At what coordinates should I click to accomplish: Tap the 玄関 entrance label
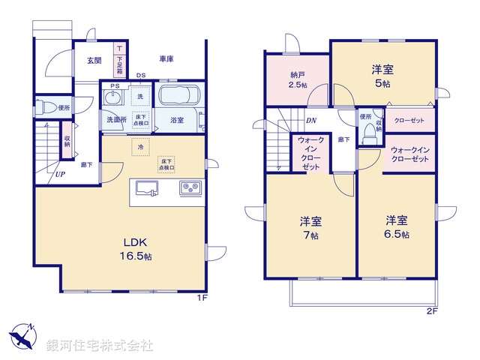coord(94,61)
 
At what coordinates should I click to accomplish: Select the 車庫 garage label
coord(166,59)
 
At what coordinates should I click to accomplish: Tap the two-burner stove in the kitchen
coord(189,188)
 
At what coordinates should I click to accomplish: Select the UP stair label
coord(58,175)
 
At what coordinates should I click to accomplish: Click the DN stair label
coord(310,120)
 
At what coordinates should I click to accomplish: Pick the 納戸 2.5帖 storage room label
coord(298,80)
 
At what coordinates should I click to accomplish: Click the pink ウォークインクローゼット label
coord(409,154)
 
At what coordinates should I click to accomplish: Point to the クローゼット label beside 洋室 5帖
coord(409,120)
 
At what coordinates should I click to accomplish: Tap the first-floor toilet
coord(43,106)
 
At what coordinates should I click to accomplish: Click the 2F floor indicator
coord(432,310)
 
